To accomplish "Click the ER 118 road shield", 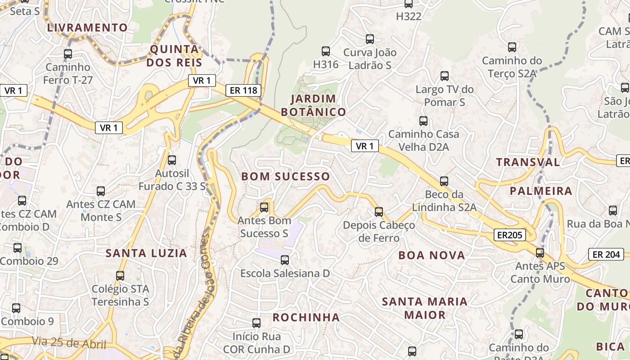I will [x=243, y=90].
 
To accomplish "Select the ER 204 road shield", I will [x=606, y=254].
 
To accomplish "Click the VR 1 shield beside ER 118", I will [x=202, y=81].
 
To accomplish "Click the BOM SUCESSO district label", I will [x=286, y=176].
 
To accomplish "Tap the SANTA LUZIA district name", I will [x=146, y=253].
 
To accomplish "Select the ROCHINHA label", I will [x=306, y=317].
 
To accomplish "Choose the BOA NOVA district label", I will [x=432, y=256].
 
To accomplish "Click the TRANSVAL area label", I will [x=528, y=162].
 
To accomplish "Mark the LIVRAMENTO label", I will [x=88, y=27].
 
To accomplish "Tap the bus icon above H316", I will [x=326, y=51].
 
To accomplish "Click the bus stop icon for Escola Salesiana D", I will [x=284, y=260].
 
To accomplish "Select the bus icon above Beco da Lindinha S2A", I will [x=444, y=181].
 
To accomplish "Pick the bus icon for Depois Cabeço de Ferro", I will [x=379, y=211].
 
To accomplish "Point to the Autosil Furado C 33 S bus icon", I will [x=171, y=160].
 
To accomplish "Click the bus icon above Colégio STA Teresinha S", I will [x=120, y=275].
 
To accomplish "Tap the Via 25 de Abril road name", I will [x=69, y=343].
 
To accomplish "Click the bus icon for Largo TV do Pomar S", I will [x=445, y=76].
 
